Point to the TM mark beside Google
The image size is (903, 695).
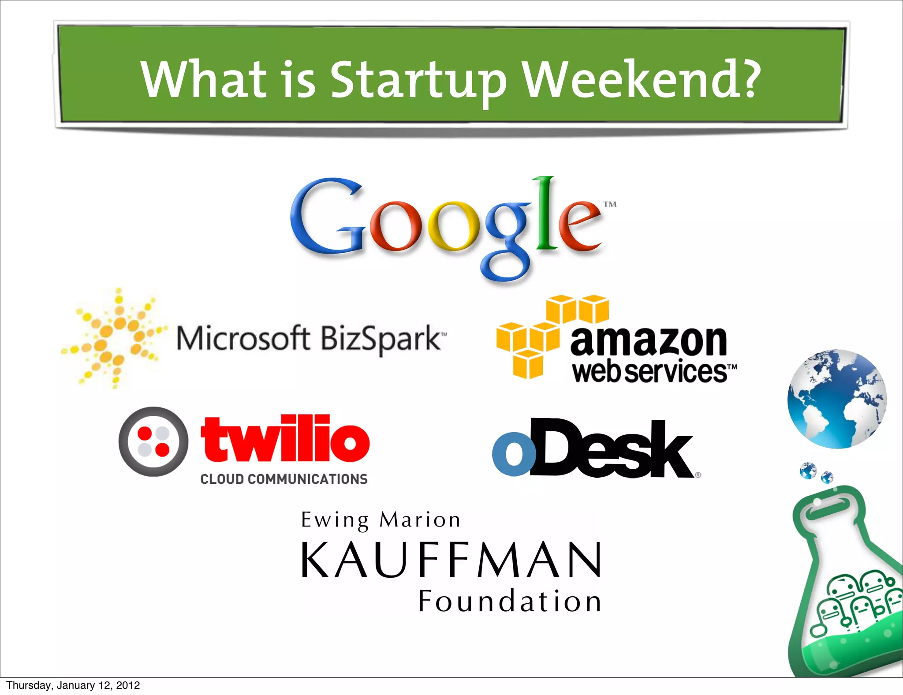tap(610, 204)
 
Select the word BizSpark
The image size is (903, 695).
tap(380, 339)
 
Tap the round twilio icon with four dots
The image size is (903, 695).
tap(153, 442)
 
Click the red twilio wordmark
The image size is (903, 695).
tap(285, 439)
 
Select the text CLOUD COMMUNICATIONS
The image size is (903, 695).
tap(284, 479)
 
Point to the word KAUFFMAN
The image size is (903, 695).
tap(451, 560)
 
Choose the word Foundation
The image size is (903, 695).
tap(510, 601)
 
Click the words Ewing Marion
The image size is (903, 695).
tap(381, 520)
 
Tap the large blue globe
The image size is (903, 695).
tap(836, 399)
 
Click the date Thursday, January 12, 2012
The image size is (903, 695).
tap(73, 685)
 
